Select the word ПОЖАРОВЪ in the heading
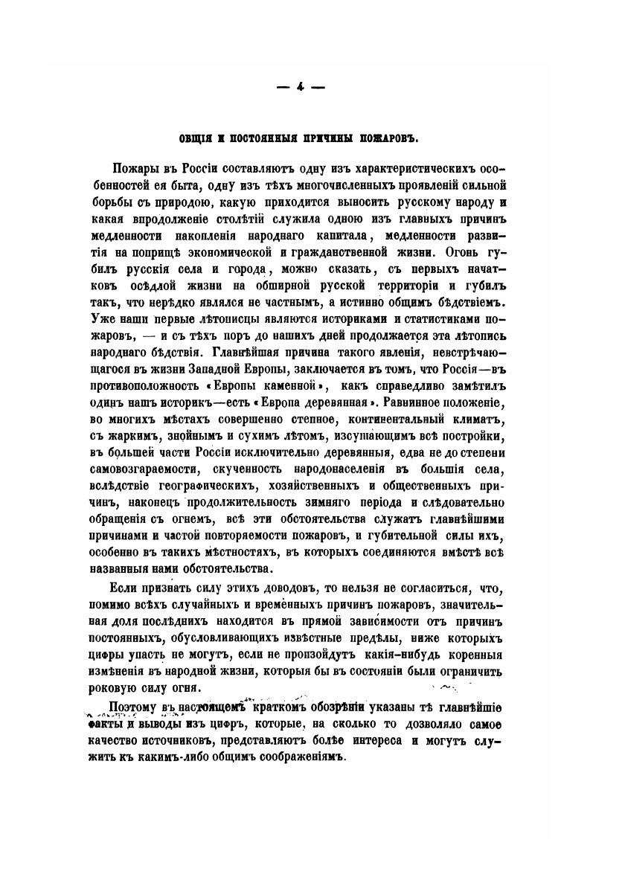pos(394,139)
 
